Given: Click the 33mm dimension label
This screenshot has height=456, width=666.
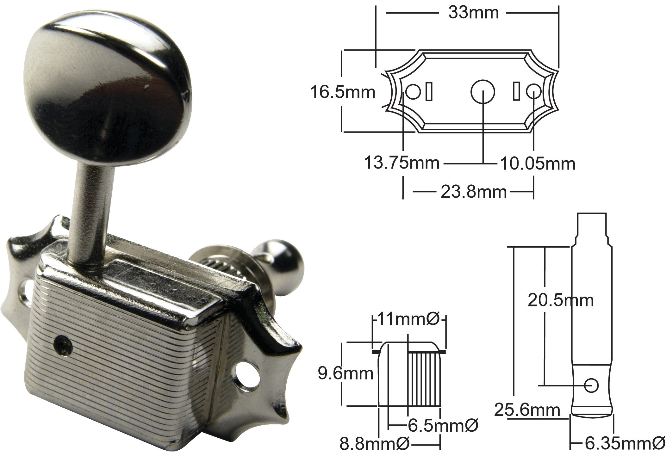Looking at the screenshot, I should (x=473, y=13).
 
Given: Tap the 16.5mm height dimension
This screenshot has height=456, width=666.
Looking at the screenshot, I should (x=342, y=92).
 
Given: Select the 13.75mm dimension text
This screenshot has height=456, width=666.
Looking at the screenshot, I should (x=401, y=163).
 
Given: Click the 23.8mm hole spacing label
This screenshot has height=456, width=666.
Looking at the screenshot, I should (x=473, y=192).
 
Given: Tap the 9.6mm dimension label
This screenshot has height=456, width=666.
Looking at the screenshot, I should (x=345, y=374).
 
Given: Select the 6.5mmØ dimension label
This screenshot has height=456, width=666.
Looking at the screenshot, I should (x=443, y=426).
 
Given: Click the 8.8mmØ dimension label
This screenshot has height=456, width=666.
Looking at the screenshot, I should (x=375, y=444).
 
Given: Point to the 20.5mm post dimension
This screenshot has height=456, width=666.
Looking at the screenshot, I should (x=560, y=300).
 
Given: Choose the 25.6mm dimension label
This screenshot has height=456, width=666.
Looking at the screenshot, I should (x=527, y=410).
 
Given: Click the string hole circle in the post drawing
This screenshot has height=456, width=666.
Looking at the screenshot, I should (x=591, y=385).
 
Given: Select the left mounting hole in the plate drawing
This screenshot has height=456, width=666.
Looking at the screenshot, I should (x=414, y=92).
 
